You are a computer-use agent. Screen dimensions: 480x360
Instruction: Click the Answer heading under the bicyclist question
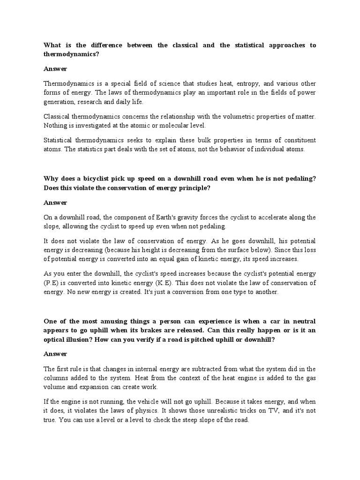55,202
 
